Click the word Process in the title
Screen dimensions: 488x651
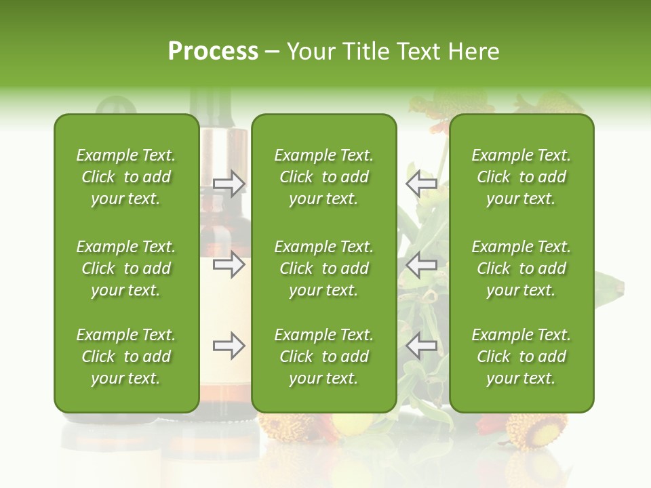[x=213, y=52]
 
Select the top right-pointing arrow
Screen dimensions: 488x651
[x=229, y=183]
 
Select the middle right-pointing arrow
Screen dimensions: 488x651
[x=229, y=264]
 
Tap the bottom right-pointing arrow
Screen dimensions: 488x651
[x=229, y=346]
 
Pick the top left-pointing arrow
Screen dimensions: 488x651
[x=421, y=183]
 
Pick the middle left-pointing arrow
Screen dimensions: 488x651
[x=421, y=264]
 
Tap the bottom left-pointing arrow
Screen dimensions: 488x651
[x=421, y=346]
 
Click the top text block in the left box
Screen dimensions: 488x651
[x=126, y=177]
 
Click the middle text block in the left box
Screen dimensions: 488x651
[x=126, y=268]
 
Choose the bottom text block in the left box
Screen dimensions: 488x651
[x=126, y=357]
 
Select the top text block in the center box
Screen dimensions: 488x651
[x=323, y=177]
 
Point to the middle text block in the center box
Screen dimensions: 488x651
[x=323, y=268]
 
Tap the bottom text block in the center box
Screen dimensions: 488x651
[x=323, y=357]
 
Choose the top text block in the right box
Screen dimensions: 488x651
[x=521, y=177]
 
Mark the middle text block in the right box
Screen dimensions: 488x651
[x=521, y=268]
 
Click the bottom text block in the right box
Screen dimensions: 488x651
[x=521, y=357]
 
